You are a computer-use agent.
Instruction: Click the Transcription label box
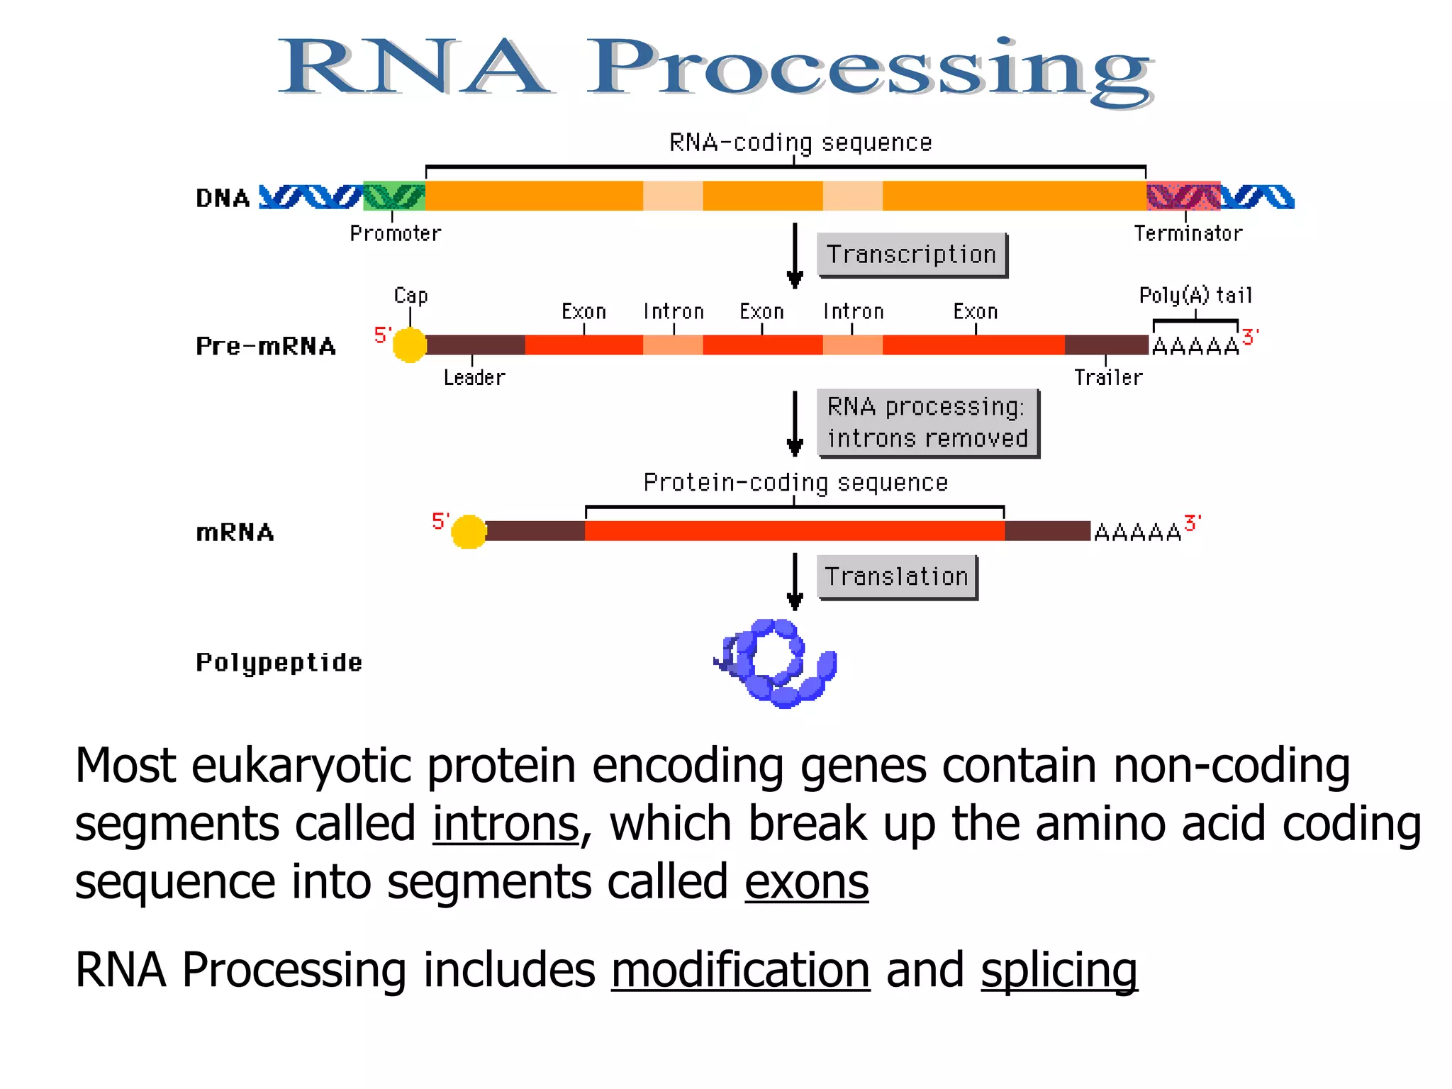912,255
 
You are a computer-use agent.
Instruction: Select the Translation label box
897,576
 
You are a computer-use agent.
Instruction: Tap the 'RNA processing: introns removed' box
927,423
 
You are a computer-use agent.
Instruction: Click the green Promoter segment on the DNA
394,196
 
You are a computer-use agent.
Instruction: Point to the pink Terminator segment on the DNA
1183,196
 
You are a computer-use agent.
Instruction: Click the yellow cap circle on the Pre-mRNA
410,345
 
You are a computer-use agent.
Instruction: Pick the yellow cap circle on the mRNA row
469,532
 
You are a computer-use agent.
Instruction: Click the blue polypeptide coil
777,664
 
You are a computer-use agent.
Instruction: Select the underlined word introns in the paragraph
506,825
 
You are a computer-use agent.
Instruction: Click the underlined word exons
806,883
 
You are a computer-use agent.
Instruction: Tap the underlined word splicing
1059,971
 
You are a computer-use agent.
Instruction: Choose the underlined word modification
740,971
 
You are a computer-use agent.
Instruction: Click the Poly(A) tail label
1195,295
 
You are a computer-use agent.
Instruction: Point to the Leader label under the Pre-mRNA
474,377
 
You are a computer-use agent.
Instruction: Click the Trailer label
1108,377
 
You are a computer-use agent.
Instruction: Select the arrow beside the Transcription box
795,255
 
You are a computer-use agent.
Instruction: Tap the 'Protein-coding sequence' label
795,482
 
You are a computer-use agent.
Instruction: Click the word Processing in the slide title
871,69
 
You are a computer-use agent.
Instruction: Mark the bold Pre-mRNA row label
266,346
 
